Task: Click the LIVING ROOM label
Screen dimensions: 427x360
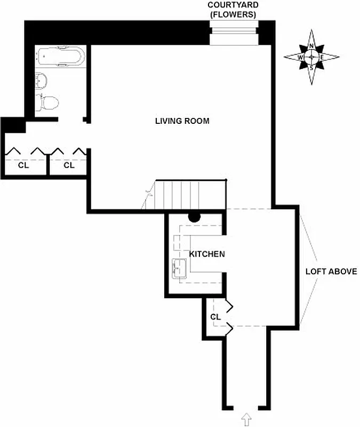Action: click(x=182, y=121)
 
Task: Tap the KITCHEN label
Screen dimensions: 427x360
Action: click(x=207, y=254)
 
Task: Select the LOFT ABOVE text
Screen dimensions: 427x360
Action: click(x=331, y=271)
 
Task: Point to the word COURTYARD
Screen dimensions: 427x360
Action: click(x=233, y=5)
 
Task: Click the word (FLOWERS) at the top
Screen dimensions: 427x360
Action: click(x=233, y=14)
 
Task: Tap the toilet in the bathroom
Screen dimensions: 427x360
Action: click(x=47, y=102)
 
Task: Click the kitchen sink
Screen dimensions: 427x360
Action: click(x=179, y=268)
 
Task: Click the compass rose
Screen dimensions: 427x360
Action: click(x=311, y=57)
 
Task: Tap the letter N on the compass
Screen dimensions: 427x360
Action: click(x=311, y=46)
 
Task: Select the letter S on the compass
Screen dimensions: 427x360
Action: click(x=311, y=67)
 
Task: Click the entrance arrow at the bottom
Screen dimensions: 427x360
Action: click(x=246, y=420)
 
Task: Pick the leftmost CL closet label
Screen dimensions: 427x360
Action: click(x=23, y=165)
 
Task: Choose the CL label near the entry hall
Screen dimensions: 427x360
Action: click(x=215, y=317)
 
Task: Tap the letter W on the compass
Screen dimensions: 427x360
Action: click(x=300, y=57)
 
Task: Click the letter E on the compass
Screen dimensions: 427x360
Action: click(x=322, y=57)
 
